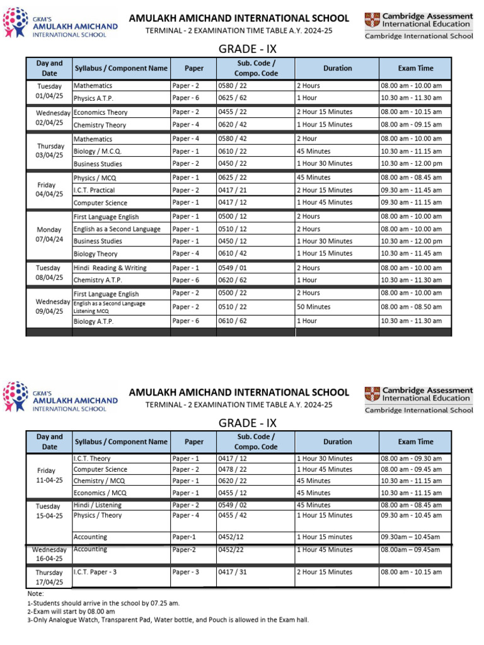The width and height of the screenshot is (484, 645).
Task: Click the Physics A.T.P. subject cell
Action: pyautogui.click(x=94, y=98)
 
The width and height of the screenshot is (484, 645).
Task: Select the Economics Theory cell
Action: pyautogui.click(x=100, y=112)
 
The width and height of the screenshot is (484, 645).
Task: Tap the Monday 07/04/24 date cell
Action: pyautogui.click(x=49, y=235)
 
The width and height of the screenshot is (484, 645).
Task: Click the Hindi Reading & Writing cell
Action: pyautogui.click(x=110, y=268)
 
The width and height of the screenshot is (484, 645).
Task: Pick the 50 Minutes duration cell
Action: pyautogui.click(x=313, y=307)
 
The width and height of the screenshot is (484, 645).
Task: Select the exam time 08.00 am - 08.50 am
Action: pyautogui.click(x=411, y=307)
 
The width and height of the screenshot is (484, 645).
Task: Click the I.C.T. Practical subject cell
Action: pyautogui.click(x=94, y=190)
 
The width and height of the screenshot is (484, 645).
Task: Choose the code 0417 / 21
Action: pyautogui.click(x=233, y=190)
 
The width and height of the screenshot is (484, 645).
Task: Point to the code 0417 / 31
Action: pyautogui.click(x=233, y=572)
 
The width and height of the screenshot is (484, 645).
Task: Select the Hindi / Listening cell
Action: pyautogui.click(x=98, y=505)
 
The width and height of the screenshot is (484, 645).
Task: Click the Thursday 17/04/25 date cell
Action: pyautogui.click(x=49, y=578)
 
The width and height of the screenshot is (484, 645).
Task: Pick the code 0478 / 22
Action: pyautogui.click(x=233, y=469)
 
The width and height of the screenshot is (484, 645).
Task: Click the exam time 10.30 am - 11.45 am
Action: pyautogui.click(x=411, y=253)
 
